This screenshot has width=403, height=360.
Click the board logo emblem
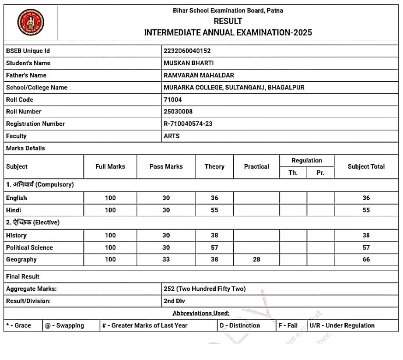[x=31, y=22]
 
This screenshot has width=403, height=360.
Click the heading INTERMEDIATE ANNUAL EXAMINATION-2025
[x=228, y=33]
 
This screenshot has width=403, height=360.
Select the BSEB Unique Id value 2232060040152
[x=187, y=51]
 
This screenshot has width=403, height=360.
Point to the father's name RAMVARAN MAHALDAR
[x=199, y=75]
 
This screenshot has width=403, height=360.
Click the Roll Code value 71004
[x=173, y=100]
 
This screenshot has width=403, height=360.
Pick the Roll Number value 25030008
[x=178, y=112]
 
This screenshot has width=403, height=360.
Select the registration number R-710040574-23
[x=188, y=124]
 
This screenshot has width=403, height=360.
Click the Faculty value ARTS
[x=172, y=136]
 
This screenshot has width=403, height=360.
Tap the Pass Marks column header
[x=166, y=167]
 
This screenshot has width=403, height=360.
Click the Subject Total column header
[x=366, y=167]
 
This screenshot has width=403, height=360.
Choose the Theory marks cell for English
[x=214, y=198]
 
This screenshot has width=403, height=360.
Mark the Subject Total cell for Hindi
[x=366, y=210]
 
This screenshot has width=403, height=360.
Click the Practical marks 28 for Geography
[x=256, y=260]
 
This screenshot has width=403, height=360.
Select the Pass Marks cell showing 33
[x=166, y=260]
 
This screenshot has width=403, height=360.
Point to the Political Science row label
[x=29, y=248]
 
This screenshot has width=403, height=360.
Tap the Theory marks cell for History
[x=214, y=236]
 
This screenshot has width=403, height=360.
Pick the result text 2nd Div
[x=174, y=301]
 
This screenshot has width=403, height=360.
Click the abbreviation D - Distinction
[x=240, y=326]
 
